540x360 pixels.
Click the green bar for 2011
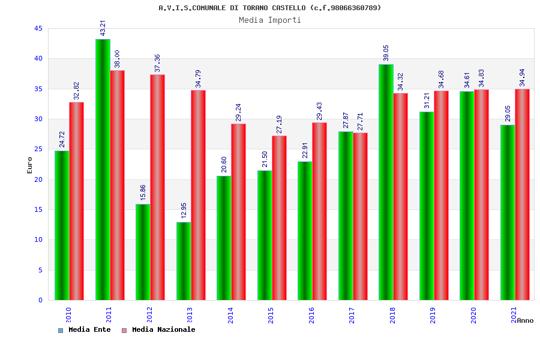click(103, 170)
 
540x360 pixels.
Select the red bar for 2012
click(157, 187)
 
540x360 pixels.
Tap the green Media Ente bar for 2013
click(184, 261)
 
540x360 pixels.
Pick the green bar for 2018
click(386, 182)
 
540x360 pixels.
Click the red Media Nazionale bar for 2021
click(522, 194)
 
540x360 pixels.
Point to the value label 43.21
click(103, 28)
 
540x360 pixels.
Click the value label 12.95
click(184, 210)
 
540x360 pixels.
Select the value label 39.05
click(386, 53)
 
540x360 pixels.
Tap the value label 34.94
click(522, 78)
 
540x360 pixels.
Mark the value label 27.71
click(360, 121)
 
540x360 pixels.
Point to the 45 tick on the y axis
click(38, 29)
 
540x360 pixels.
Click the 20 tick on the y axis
click(38, 179)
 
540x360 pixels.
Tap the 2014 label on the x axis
click(231, 315)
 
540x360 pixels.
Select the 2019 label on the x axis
click(433, 315)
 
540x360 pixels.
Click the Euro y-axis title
click(30, 164)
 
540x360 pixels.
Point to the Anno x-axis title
click(525, 320)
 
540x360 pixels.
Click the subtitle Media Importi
click(270, 20)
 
